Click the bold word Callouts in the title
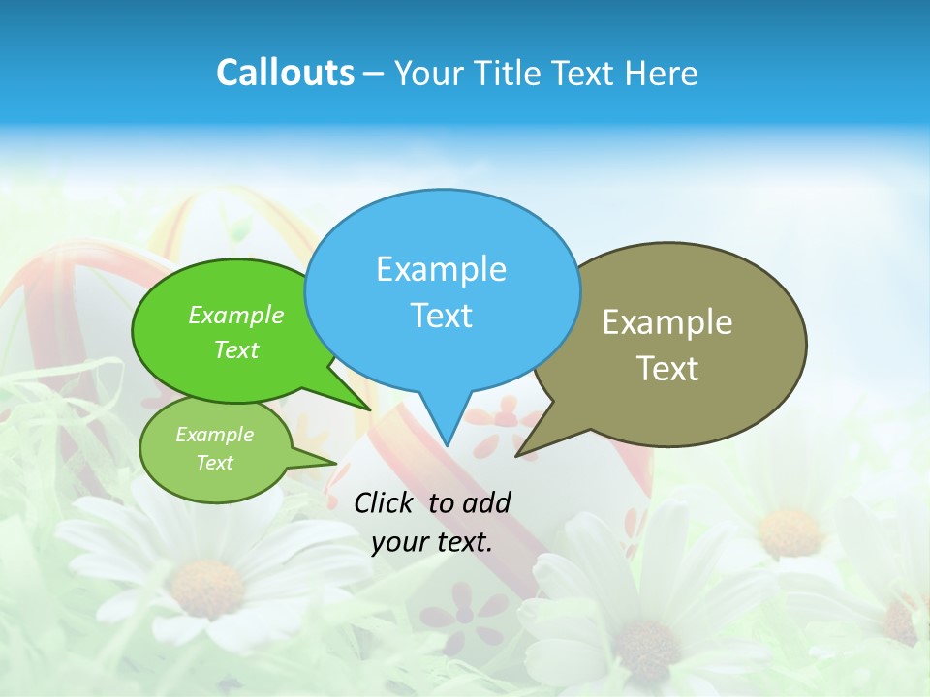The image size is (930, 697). (285, 73)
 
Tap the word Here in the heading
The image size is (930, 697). (663, 73)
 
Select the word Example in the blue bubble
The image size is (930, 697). (441, 268)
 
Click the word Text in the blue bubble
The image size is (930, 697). (441, 315)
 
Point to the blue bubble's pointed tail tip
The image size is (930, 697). (448, 444)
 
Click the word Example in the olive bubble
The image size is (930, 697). (667, 322)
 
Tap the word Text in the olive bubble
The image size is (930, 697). (667, 368)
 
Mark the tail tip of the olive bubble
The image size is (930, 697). (516, 455)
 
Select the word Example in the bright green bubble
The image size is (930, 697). (236, 315)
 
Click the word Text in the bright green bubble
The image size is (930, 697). (236, 349)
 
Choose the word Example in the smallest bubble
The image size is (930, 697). (214, 435)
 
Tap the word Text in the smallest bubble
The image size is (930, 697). (214, 463)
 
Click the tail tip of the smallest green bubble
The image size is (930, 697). (336, 463)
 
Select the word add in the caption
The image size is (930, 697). (485, 502)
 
